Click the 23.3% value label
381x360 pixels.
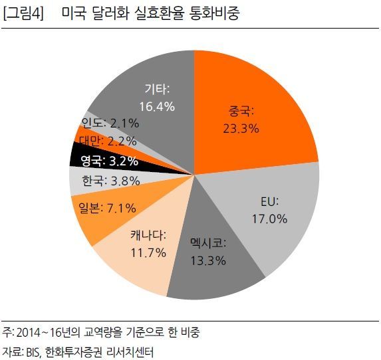pyautogui.click(x=241, y=128)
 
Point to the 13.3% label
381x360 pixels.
pyautogui.click(x=208, y=260)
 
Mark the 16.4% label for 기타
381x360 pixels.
pyautogui.click(x=157, y=106)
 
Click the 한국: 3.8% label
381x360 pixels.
pyautogui.click(x=107, y=179)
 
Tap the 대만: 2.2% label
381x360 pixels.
pyautogui.click(x=107, y=141)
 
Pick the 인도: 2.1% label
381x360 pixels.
pyautogui.click(x=110, y=122)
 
